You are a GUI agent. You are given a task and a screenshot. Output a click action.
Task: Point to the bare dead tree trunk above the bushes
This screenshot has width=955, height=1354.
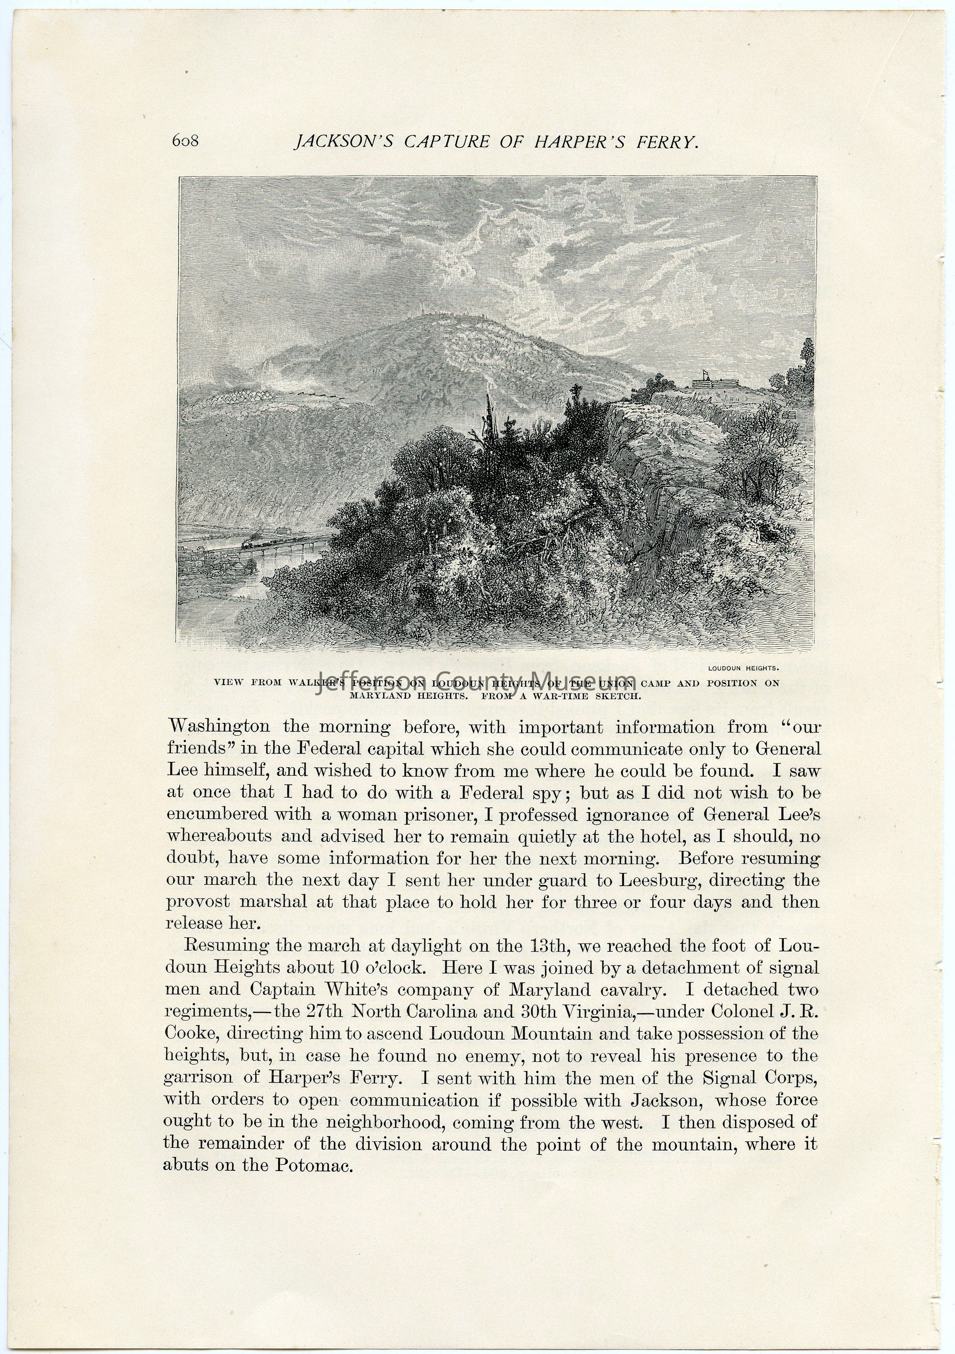point(489,419)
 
